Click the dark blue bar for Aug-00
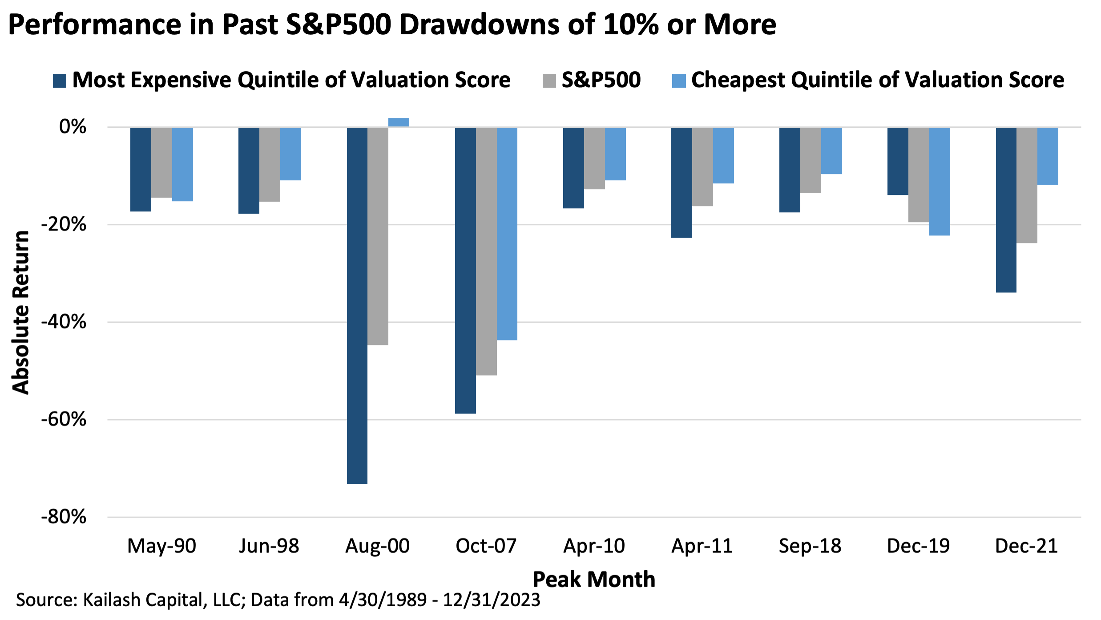[x=357, y=305]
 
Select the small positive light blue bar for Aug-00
[x=399, y=122]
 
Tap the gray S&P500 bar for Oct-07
[x=486, y=251]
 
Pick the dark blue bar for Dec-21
[x=1006, y=210]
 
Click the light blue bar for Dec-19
[x=940, y=182]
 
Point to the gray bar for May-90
[x=161, y=162]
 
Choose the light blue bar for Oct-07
[x=507, y=234]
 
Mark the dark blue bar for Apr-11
[x=682, y=182]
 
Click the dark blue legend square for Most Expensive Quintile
[x=60, y=81]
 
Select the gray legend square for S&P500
[x=549, y=81]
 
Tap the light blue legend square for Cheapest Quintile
[x=679, y=81]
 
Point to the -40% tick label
[x=64, y=321]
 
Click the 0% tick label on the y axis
[x=73, y=127]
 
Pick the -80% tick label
[x=64, y=517]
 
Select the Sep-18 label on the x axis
[x=810, y=546]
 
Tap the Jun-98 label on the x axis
[x=269, y=546]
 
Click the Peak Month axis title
[x=594, y=579]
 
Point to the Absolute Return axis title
[x=20, y=312]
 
